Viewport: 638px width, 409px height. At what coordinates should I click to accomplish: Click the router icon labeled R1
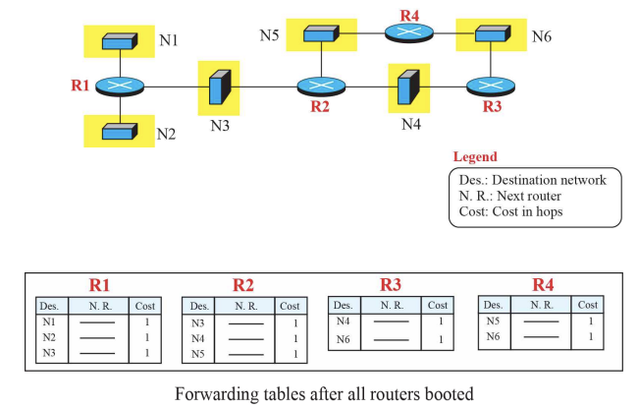click(x=120, y=87)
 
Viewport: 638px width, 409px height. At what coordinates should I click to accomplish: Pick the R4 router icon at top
click(x=406, y=33)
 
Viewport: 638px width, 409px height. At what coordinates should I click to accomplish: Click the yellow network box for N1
click(x=120, y=41)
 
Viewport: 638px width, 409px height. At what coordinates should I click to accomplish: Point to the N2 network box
click(x=120, y=130)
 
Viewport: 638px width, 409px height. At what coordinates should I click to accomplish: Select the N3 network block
click(x=217, y=87)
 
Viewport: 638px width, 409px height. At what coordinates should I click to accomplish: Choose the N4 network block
click(x=403, y=87)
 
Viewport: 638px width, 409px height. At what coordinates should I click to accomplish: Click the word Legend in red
click(x=475, y=157)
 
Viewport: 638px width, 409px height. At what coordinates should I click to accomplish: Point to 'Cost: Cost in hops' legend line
click(x=511, y=212)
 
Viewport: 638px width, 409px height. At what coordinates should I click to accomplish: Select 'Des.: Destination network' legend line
click(x=532, y=180)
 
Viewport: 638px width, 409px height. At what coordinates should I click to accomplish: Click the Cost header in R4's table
click(x=587, y=305)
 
